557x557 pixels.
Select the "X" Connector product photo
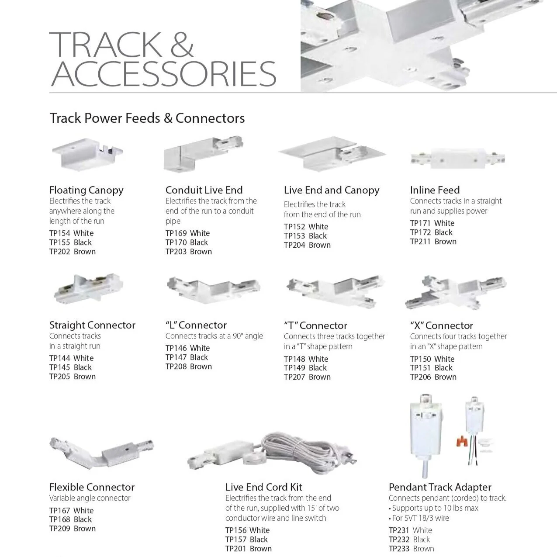456,291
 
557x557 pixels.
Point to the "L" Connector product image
213,289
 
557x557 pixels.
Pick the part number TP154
60,233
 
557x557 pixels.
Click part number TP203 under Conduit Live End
176,252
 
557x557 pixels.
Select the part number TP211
420,242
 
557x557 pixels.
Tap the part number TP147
176,357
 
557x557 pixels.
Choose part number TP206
420,377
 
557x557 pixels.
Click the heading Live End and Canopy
332,190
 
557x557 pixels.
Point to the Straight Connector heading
92,325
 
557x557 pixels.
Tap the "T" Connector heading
315,325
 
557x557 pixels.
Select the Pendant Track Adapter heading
440,487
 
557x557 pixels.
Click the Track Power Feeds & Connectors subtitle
147,118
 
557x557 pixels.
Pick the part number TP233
399,549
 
